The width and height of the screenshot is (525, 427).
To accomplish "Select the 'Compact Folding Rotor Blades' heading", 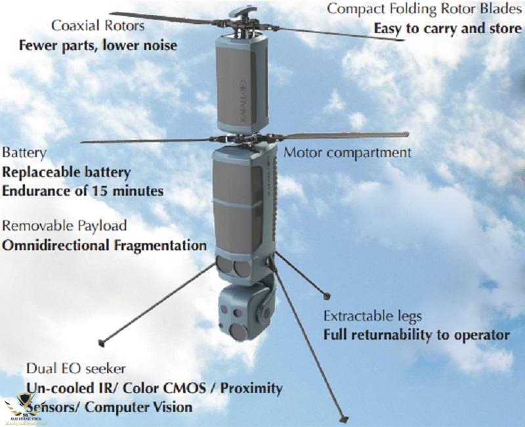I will click(x=424, y=9).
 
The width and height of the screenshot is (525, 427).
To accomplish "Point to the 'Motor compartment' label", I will click(x=348, y=152).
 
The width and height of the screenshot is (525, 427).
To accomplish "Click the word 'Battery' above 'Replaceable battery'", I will click(x=24, y=153).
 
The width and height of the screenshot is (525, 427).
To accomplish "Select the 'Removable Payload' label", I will click(x=64, y=226).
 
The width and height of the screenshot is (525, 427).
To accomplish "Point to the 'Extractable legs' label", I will click(x=372, y=316).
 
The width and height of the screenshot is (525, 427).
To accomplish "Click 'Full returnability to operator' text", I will click(x=416, y=335).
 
